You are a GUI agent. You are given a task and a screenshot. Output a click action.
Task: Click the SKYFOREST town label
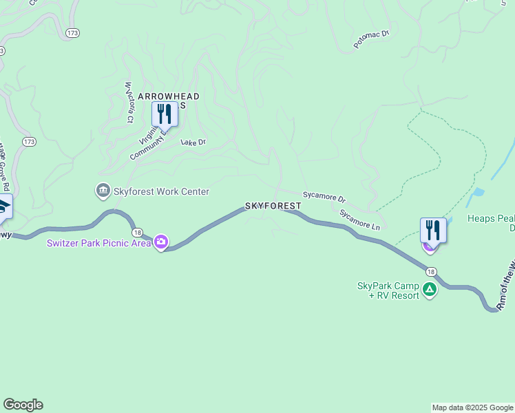[x=273, y=206]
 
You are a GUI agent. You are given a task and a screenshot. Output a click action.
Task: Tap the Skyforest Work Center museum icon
[x=103, y=191]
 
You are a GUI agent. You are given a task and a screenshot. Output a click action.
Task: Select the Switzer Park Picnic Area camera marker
[x=161, y=242]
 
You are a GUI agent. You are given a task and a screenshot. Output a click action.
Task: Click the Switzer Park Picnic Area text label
[x=99, y=243]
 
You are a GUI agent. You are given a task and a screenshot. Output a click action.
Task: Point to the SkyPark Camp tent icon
[x=430, y=290]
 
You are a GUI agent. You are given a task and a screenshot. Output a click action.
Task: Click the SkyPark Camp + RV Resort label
[x=388, y=290]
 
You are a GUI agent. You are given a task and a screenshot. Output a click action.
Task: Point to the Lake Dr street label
[x=193, y=142]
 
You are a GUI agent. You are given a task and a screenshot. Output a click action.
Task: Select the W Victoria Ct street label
[x=128, y=103]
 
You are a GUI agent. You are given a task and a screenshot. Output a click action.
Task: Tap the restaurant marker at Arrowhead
[x=165, y=114]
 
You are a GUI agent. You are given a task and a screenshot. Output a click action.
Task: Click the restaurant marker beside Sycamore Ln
[x=433, y=231]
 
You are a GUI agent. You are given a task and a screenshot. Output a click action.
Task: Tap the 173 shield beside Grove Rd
[x=28, y=142]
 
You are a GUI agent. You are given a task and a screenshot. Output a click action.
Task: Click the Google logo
[x=23, y=405]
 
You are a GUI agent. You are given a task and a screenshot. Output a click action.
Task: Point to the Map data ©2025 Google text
[x=472, y=407]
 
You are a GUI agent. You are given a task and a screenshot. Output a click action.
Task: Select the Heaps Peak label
[x=491, y=219]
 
